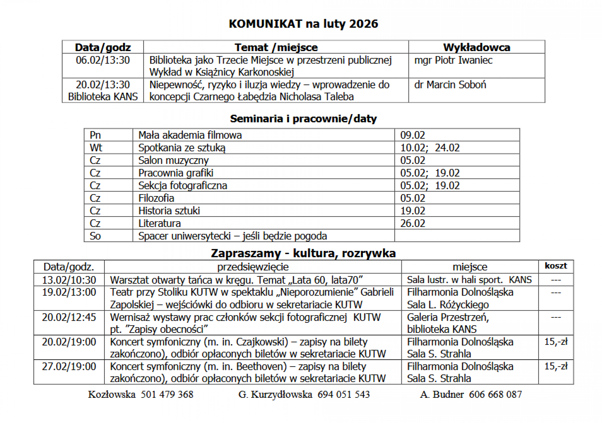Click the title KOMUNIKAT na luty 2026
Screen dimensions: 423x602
[303, 24]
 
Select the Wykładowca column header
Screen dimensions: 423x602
[476, 47]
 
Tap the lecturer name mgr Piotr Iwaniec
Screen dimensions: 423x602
[453, 60]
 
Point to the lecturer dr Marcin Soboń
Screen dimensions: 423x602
[450, 85]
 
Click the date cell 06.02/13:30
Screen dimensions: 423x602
[103, 60]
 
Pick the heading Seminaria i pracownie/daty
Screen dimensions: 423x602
[303, 119]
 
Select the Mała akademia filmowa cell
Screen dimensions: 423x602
[190, 135]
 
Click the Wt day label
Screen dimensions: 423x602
[96, 148]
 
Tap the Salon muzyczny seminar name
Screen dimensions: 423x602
[173, 160]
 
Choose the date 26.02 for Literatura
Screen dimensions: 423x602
[413, 223]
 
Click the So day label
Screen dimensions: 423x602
[95, 236]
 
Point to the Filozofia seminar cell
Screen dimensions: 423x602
[156, 198]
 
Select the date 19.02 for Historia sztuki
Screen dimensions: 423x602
[413, 211]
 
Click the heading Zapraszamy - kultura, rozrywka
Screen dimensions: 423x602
[303, 253]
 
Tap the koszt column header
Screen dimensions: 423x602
[556, 266]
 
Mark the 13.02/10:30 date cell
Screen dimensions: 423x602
[69, 280]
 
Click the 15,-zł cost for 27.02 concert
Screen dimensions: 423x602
[556, 366]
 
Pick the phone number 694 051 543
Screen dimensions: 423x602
[343, 394]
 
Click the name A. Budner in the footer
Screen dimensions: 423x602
[442, 394]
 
